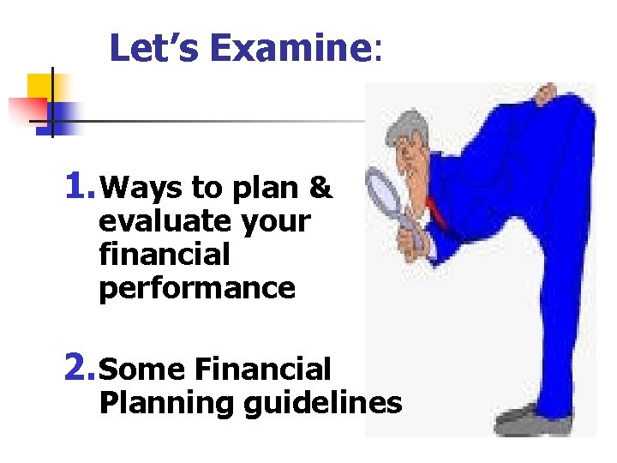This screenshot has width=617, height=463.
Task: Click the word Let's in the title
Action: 155,49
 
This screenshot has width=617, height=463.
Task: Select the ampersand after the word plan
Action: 320,187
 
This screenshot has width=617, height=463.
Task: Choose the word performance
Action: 197,289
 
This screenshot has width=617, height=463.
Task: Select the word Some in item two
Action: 142,370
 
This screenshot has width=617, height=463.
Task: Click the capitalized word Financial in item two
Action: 262,370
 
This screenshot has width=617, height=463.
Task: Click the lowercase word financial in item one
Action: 165,255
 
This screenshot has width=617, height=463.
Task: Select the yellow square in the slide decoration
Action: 40,87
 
